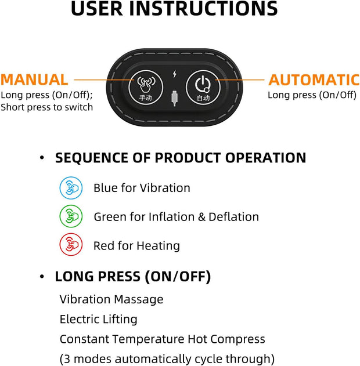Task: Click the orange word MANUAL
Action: pyautogui.click(x=34, y=79)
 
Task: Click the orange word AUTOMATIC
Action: pyautogui.click(x=314, y=80)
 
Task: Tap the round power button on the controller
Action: pyautogui.click(x=202, y=89)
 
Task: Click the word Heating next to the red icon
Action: pyautogui.click(x=158, y=246)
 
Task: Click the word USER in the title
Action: pyautogui.click(x=95, y=9)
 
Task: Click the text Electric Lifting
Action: pyautogui.click(x=98, y=319)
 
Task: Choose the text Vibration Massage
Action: pyautogui.click(x=111, y=299)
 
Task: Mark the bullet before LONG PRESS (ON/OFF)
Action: pyautogui.click(x=42, y=277)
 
